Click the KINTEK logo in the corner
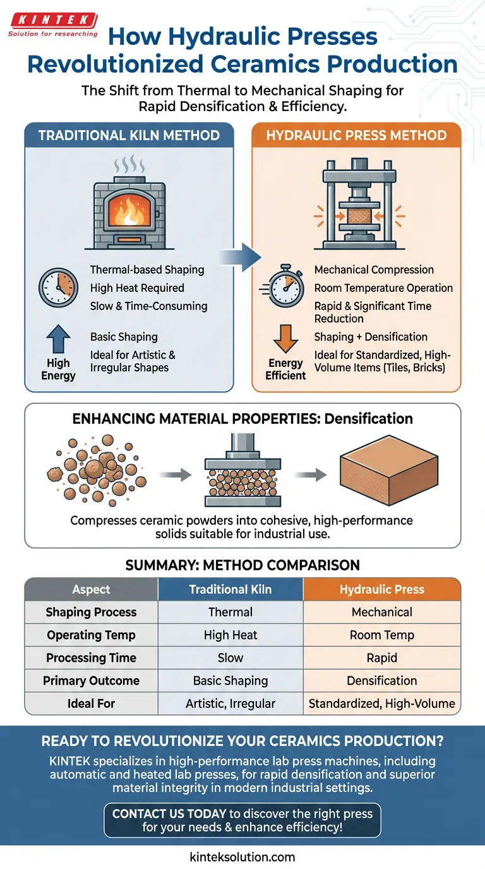tap(52, 24)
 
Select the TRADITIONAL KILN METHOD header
tap(129, 135)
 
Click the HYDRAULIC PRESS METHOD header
tap(357, 135)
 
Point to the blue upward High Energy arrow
tap(58, 340)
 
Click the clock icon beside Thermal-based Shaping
tap(58, 288)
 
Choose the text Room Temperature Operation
tap(383, 288)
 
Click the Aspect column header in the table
tap(91, 589)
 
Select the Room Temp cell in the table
tap(381, 635)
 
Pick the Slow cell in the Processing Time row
tap(231, 657)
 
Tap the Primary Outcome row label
tap(91, 681)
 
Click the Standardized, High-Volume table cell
tap(381, 703)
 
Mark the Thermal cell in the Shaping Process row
tap(231, 612)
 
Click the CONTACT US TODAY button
tap(242, 820)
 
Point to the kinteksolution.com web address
tap(242, 857)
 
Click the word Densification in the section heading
tap(374, 419)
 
